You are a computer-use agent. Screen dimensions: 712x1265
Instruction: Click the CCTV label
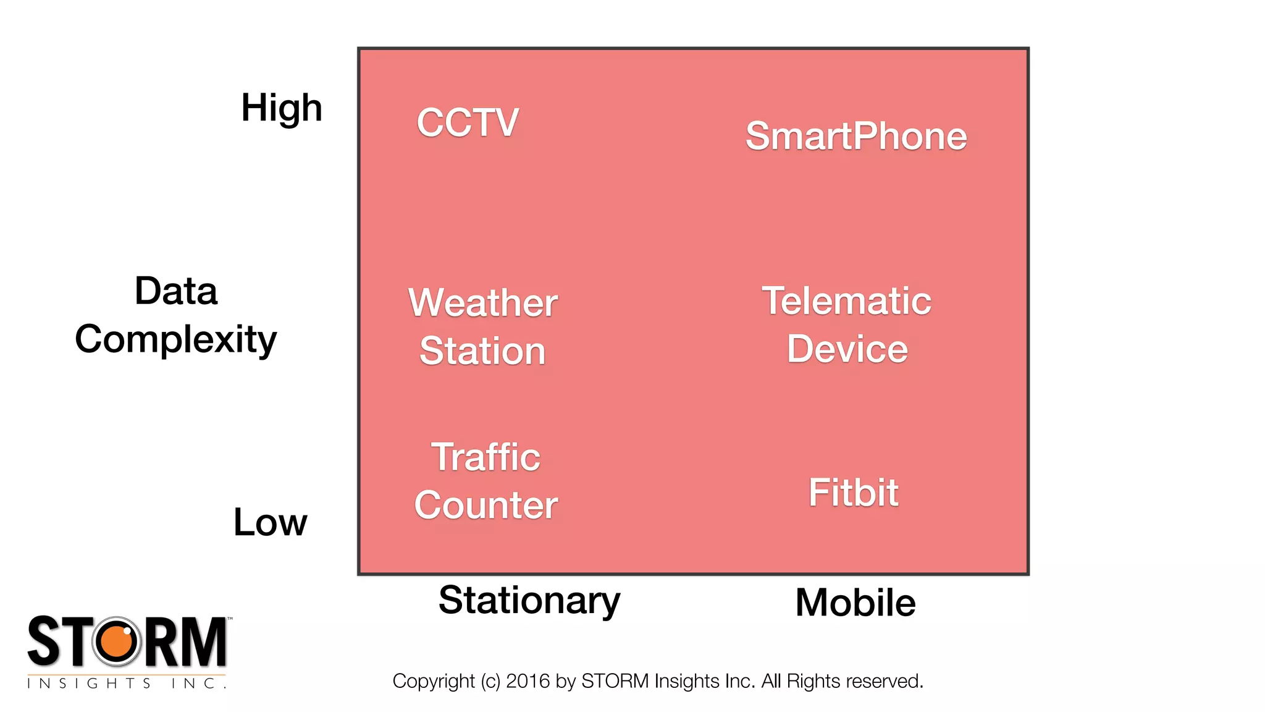point(468,122)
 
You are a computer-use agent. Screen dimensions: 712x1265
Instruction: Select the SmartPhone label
point(856,136)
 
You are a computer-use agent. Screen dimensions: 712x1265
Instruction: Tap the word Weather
point(483,303)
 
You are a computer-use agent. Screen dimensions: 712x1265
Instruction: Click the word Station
point(482,351)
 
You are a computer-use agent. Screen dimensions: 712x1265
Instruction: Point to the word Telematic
point(846,301)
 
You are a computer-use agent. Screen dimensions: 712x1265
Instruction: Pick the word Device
point(847,349)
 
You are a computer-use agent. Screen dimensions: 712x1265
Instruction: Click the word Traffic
point(485,457)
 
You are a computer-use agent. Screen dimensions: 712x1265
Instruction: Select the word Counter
point(486,506)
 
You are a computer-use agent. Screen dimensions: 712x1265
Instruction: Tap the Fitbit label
point(854,493)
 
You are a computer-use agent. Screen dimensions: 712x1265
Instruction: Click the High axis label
point(282,108)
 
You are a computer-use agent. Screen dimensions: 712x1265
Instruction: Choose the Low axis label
point(270,522)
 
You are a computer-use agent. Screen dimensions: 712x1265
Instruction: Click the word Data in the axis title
point(176,291)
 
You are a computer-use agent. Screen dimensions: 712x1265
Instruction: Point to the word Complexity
point(176,340)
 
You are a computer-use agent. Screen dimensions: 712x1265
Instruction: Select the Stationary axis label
point(529,600)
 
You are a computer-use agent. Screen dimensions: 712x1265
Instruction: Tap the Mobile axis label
point(855,603)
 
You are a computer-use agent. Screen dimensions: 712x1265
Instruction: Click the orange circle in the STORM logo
point(117,642)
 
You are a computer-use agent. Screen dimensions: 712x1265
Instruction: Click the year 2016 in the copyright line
point(527,681)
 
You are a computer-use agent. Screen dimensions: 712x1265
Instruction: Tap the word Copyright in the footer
point(434,681)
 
